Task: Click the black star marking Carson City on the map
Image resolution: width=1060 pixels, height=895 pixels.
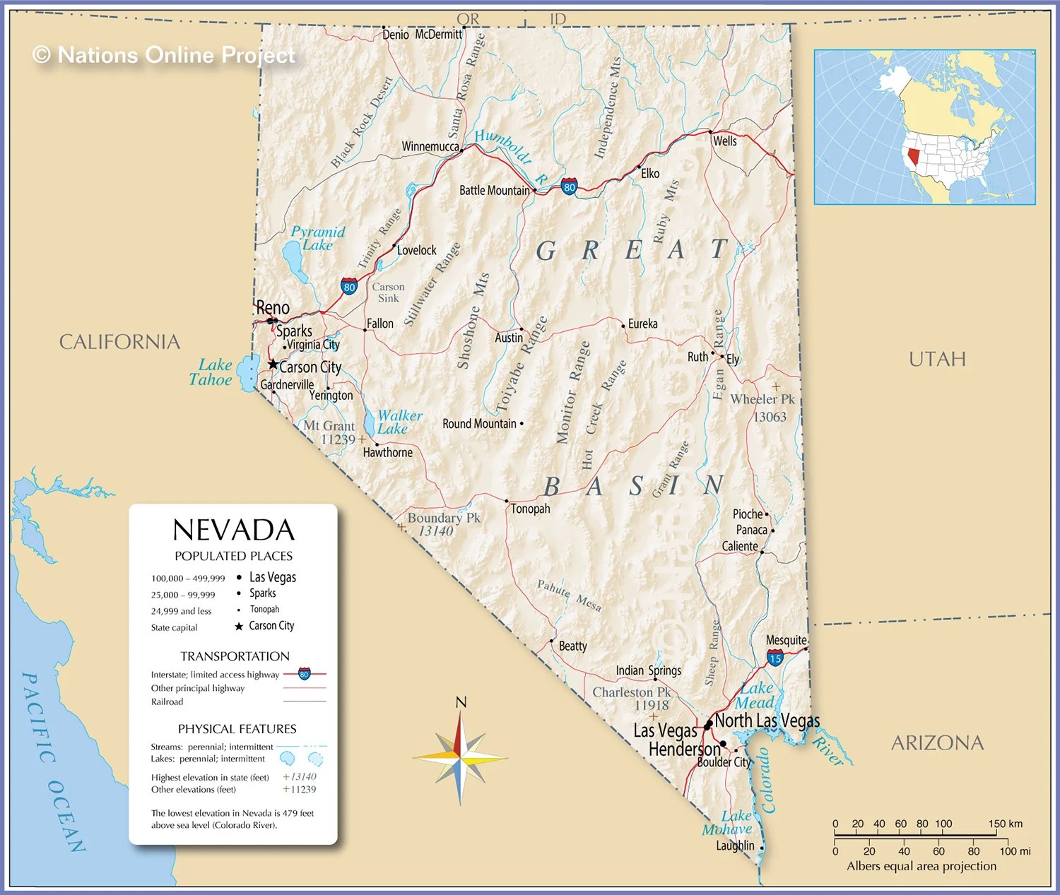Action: tap(273, 364)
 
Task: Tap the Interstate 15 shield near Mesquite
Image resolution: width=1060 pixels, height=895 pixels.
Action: tap(775, 658)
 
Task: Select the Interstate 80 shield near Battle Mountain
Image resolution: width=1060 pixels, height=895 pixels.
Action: tap(569, 187)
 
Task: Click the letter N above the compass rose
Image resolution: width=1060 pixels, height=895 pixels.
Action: tap(461, 702)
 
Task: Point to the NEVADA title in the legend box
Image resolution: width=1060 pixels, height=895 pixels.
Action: tap(233, 531)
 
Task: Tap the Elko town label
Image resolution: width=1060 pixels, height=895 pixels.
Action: tap(650, 174)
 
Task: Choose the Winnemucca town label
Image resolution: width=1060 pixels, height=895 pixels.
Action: tap(430, 146)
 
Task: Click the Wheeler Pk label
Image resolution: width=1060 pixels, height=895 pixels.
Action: tap(762, 399)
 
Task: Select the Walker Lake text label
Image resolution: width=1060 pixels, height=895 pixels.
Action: tap(399, 422)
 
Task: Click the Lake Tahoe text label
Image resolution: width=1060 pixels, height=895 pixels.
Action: tap(211, 372)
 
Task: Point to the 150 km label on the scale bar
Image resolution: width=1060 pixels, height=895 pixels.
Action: tap(1005, 824)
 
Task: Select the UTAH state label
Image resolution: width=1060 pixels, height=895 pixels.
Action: tap(937, 359)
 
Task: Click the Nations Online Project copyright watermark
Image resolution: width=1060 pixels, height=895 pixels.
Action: tap(164, 55)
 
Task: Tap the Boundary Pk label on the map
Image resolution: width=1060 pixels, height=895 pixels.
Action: tap(443, 518)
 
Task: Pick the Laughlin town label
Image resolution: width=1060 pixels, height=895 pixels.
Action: tap(735, 846)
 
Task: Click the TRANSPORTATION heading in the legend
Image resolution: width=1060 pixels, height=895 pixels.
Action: tap(235, 656)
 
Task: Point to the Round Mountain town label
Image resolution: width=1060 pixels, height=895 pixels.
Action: tap(479, 424)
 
